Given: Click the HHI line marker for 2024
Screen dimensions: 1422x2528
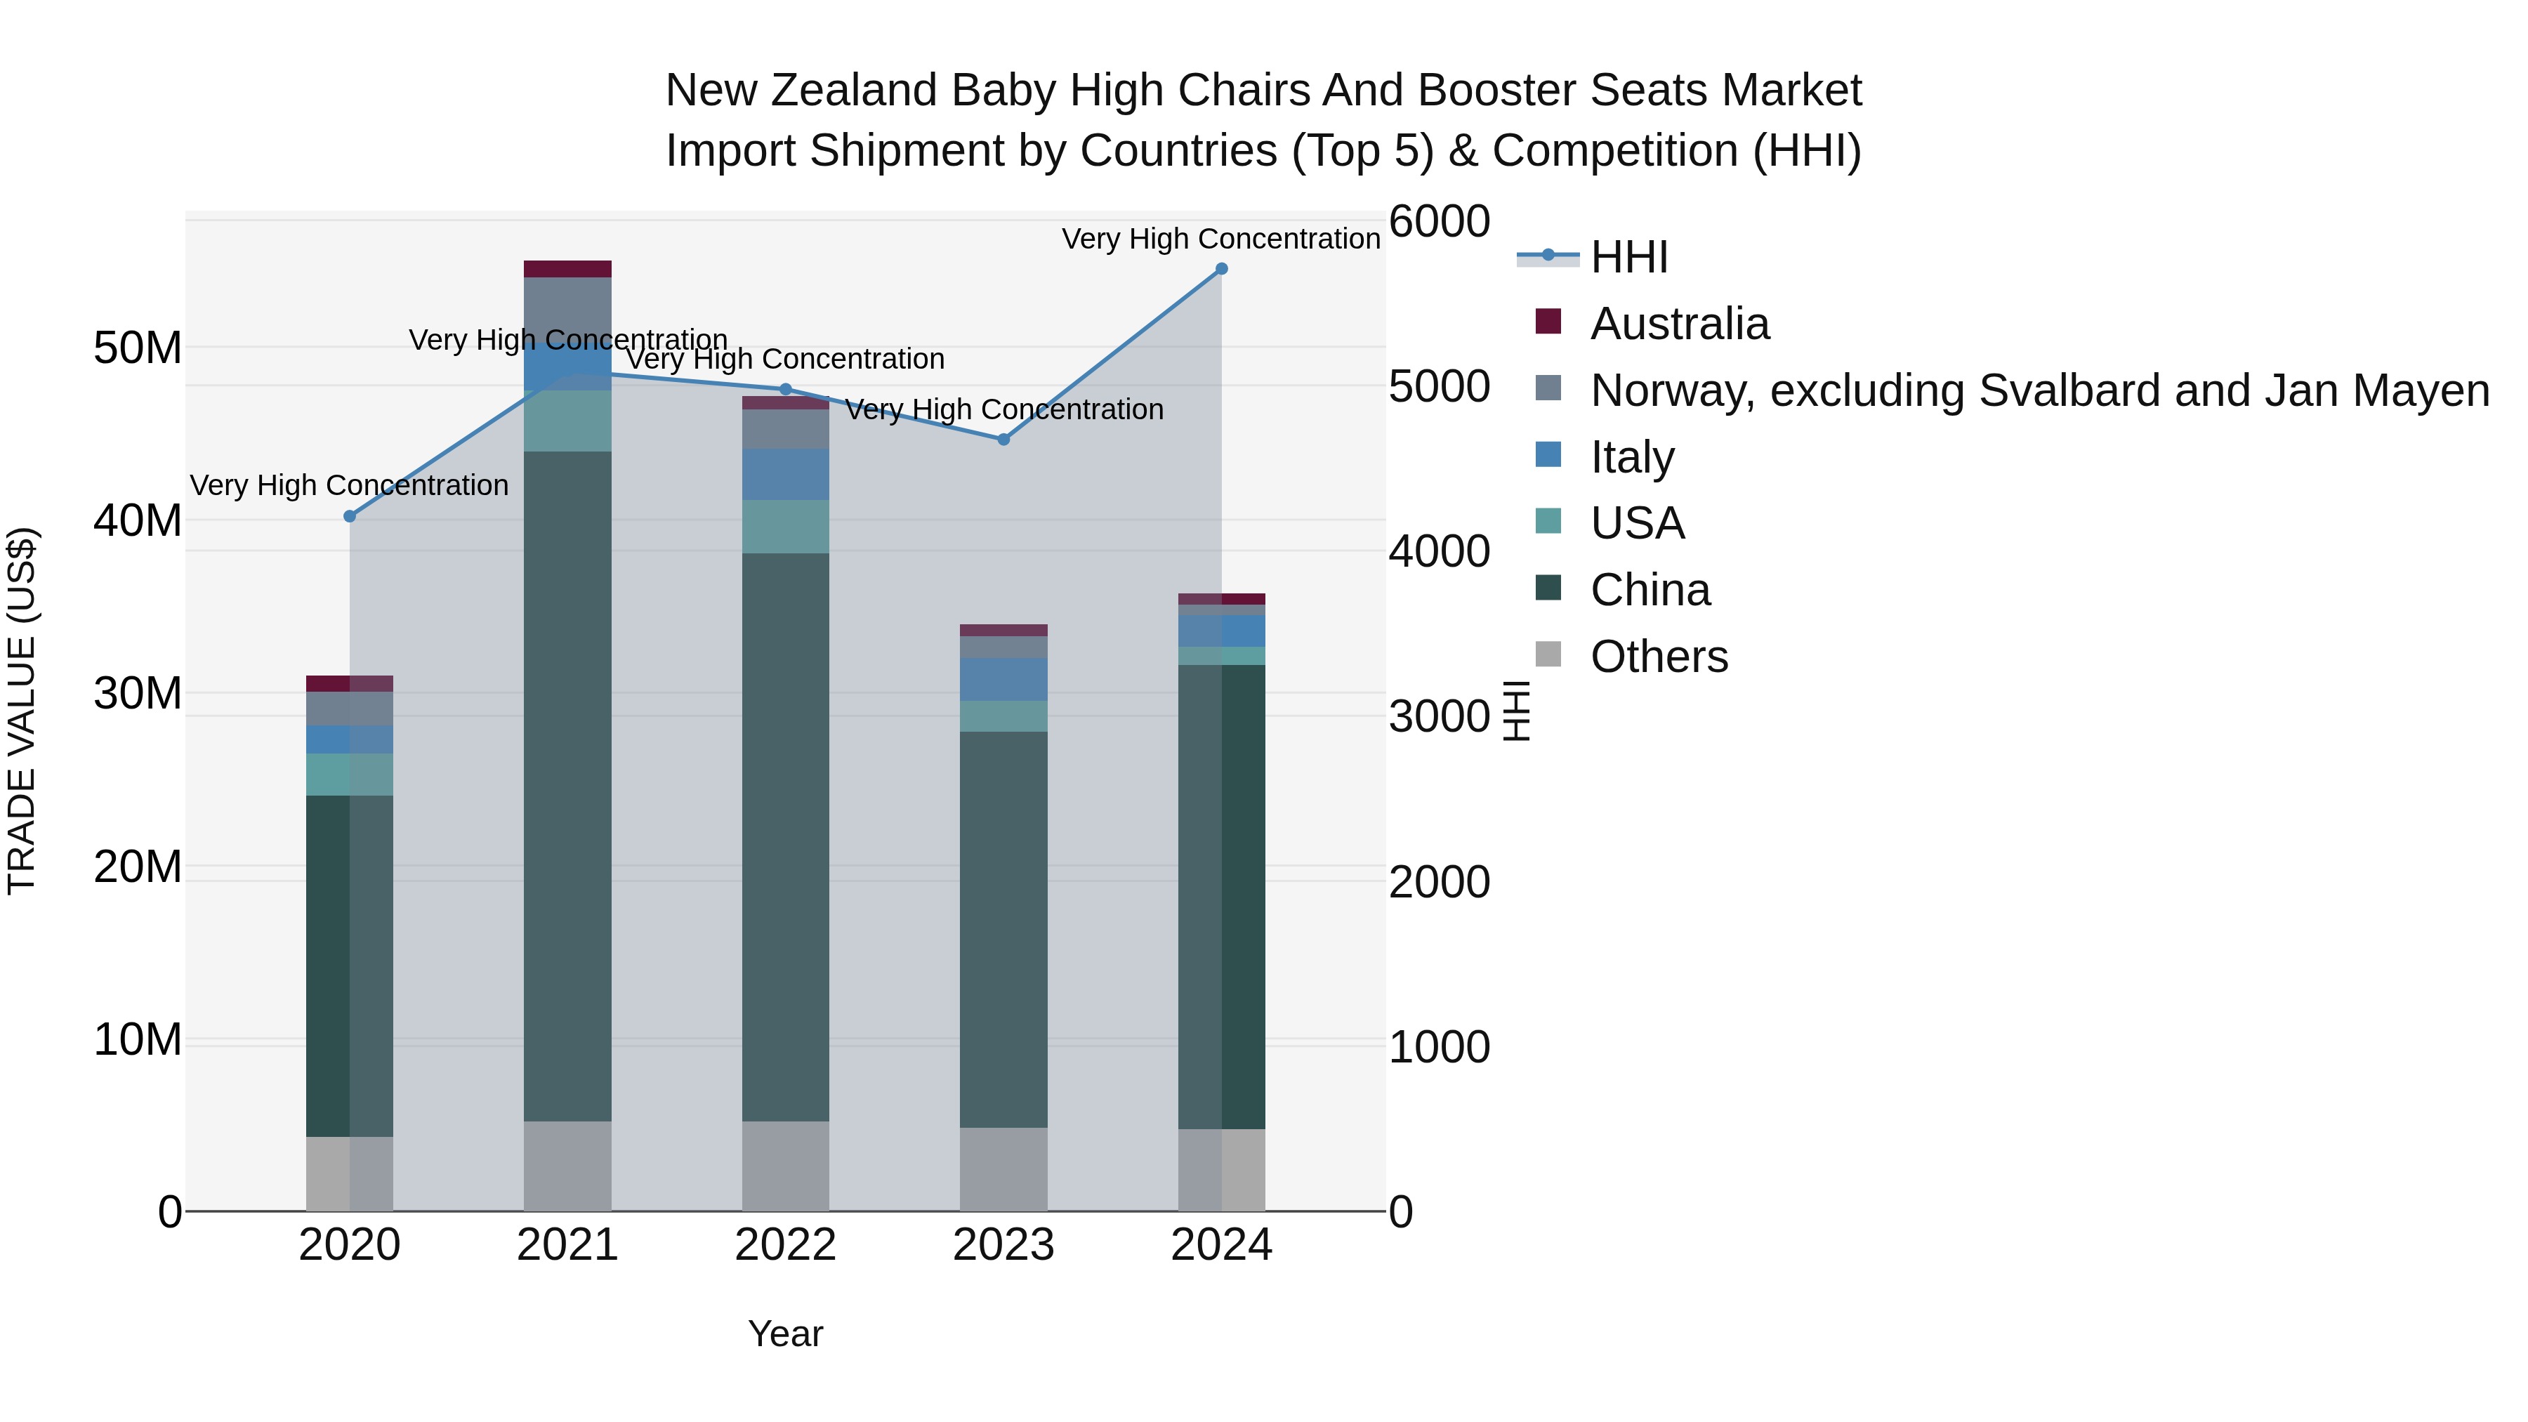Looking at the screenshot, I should coord(1221,269).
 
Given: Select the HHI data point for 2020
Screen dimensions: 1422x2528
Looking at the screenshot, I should coord(350,516).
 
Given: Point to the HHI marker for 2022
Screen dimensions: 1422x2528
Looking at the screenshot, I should coord(785,390).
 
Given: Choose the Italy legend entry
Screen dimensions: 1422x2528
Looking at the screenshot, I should coord(1632,457).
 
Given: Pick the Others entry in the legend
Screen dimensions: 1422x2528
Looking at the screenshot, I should coord(1659,657).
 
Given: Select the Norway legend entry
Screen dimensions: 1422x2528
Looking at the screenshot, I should coord(2039,390).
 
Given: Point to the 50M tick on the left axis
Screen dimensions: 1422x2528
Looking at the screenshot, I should coord(138,348).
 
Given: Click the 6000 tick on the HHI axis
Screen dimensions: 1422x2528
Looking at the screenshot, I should coord(1439,222).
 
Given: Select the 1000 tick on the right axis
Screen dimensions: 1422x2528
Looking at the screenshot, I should coord(1439,1047).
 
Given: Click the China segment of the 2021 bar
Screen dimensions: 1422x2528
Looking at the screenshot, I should coord(567,785).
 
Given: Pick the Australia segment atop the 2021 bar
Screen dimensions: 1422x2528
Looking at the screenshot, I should coord(567,269).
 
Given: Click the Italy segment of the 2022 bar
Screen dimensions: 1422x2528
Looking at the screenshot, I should coord(785,475).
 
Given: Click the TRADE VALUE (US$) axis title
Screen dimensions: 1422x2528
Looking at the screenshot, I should coord(22,711).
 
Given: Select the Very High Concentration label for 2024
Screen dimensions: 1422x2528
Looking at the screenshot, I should coord(1221,239).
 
